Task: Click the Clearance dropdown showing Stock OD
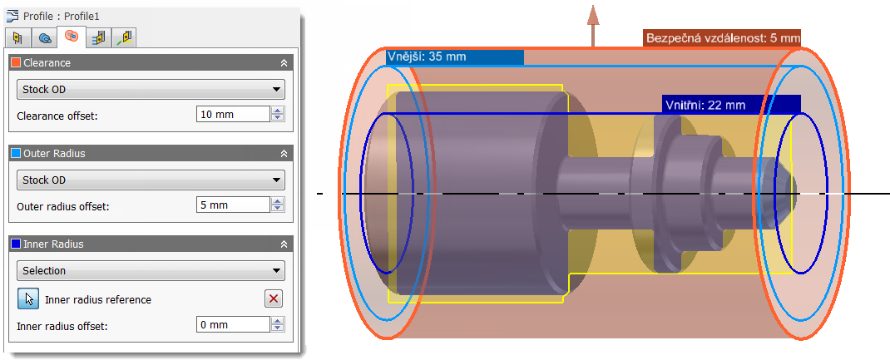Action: click(x=151, y=90)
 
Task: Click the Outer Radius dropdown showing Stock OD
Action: click(x=151, y=180)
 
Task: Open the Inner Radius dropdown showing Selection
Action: click(x=151, y=270)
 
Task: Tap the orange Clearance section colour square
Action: click(x=15, y=63)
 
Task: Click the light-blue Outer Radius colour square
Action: click(x=15, y=154)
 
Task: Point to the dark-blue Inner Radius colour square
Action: click(x=15, y=244)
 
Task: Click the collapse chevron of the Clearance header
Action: click(x=284, y=63)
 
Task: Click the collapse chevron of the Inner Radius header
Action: click(x=284, y=244)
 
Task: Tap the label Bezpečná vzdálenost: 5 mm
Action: click(x=722, y=37)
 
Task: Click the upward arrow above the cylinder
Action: click(x=592, y=20)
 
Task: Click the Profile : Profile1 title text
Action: click(x=62, y=16)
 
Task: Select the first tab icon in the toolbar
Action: click(x=17, y=37)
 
